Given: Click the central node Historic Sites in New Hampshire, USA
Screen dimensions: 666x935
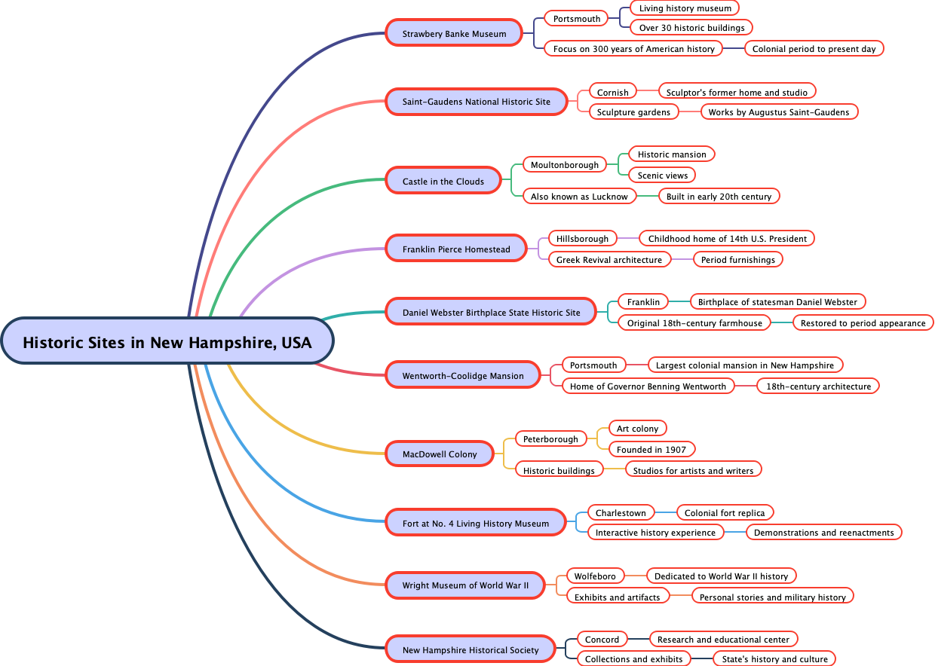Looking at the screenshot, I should click(167, 342).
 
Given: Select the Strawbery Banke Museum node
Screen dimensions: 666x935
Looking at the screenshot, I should click(454, 33).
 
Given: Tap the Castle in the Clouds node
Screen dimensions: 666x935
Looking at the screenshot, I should click(443, 181).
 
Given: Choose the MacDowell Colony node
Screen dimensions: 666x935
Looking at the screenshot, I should click(440, 454).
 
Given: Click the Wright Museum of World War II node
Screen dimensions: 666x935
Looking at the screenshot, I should click(465, 585).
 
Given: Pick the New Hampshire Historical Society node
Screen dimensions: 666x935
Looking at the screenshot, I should click(471, 649).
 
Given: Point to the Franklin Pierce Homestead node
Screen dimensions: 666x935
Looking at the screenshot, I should click(456, 249).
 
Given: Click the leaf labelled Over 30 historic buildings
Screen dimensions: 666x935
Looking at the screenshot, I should click(691, 28).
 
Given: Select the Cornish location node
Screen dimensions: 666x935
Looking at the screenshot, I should click(612, 92).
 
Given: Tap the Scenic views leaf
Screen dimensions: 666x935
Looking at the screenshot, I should click(662, 175).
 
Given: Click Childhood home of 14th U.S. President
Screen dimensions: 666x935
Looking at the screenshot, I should click(727, 238).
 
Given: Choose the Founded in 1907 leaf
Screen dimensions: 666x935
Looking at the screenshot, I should click(651, 449).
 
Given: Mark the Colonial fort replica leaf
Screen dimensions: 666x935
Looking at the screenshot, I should click(725, 512).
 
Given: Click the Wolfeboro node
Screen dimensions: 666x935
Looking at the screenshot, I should click(595, 576).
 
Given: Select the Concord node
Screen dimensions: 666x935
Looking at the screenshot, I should click(602, 639).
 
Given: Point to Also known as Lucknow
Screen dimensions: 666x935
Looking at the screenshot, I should click(579, 196).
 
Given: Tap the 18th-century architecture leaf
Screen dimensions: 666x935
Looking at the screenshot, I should click(818, 386).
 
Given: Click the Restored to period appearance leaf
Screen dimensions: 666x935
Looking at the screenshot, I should click(863, 322).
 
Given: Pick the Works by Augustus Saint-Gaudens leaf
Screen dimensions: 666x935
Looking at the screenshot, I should click(778, 112).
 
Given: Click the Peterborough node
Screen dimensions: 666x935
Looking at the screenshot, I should click(550, 438).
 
